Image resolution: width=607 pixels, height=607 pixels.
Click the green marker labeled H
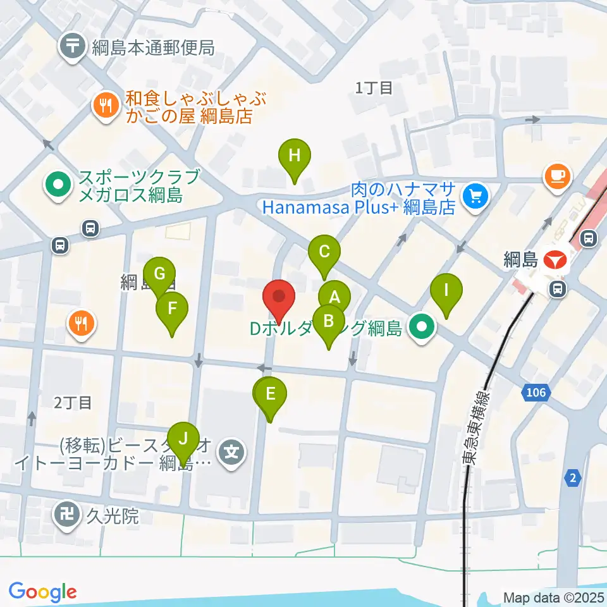coord(294,156)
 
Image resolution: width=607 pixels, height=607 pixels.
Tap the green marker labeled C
coord(324,252)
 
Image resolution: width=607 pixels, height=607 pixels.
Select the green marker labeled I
coord(446,291)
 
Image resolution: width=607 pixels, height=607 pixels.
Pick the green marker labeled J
coord(183,439)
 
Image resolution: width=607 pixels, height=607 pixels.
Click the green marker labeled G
coord(159,274)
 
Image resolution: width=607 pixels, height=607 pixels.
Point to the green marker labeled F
coord(172,309)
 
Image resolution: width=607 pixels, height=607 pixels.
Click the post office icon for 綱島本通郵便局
coord(74,47)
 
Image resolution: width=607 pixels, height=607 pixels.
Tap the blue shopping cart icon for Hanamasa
coord(475,197)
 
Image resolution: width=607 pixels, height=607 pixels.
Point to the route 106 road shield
coord(534,393)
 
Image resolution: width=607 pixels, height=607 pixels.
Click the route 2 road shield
coord(572,479)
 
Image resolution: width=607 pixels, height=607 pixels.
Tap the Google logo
coord(43,592)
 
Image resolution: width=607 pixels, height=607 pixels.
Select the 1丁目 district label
coord(374,88)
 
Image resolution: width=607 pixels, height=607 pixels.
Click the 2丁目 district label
coord(73,402)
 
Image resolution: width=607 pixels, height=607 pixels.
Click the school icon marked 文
coord(232,452)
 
